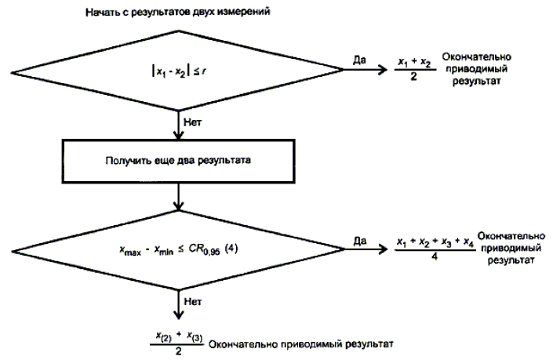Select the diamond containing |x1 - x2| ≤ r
point(180,75)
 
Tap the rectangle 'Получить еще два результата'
point(180,162)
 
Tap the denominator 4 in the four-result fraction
point(433,264)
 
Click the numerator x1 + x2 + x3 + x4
point(433,241)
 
